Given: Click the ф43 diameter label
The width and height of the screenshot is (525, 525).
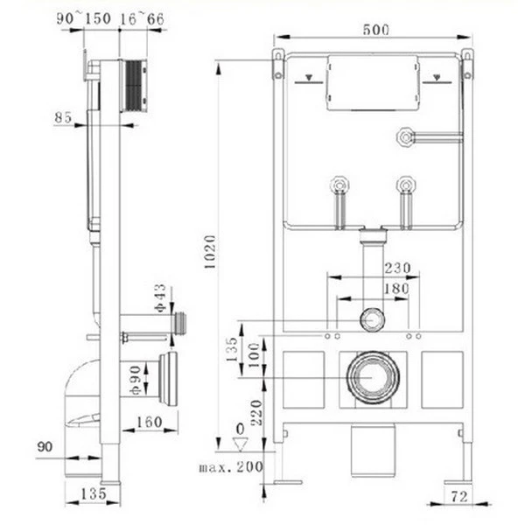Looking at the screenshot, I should pos(159,298).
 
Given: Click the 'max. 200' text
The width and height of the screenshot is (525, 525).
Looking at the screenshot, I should pos(232,467).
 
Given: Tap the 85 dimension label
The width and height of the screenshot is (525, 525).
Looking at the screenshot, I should pos(63,115).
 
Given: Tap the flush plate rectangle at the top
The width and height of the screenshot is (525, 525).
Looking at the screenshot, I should pos(371,84).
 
